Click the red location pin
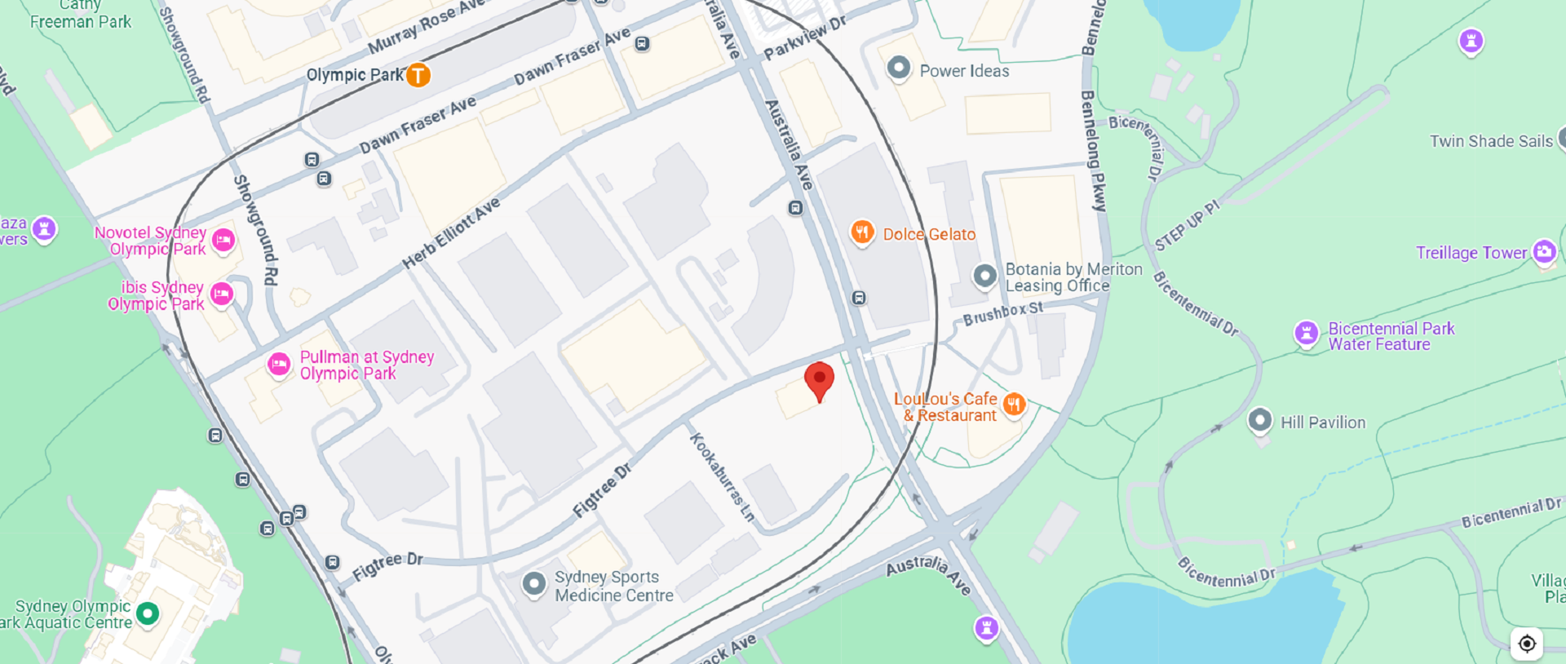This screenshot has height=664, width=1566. pos(819,380)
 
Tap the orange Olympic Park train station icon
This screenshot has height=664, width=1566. pos(418,75)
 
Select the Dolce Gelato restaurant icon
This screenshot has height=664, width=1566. pos(862,232)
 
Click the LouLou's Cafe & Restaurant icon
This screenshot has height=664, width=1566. pos(1014,404)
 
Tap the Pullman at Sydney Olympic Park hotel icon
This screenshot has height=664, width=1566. pos(279,364)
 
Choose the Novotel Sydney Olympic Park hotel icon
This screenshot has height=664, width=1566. pos(223,240)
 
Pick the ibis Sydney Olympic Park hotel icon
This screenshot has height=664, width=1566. pos(222,294)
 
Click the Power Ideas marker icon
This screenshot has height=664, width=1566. pos(898,69)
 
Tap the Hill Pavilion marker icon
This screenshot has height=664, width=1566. pos(1259,421)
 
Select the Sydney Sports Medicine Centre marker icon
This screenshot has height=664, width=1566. pos(534,583)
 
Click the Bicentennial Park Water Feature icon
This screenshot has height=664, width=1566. pos(1307,334)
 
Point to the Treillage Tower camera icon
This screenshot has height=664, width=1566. pos(1544,251)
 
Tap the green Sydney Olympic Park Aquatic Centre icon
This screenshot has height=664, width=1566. pos(148,613)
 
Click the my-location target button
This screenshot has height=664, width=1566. pos(1527,644)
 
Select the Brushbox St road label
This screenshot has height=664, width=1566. pos(1002,313)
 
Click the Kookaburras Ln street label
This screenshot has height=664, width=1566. pos(722,477)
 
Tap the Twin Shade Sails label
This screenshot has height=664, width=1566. pos(1491,141)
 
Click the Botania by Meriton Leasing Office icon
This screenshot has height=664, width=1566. pos(984,276)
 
